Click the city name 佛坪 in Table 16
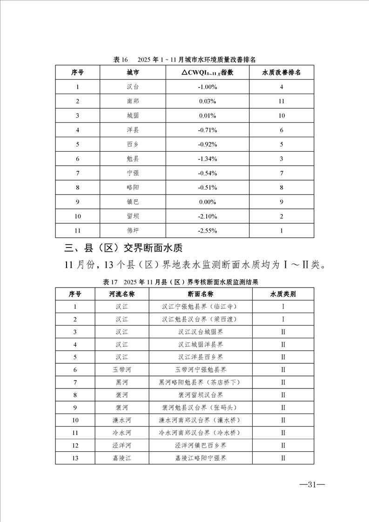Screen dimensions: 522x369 (x=133, y=230)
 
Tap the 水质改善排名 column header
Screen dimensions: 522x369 (x=282, y=73)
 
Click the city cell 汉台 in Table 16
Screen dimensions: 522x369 (x=133, y=87)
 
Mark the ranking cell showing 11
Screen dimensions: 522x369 (x=282, y=101)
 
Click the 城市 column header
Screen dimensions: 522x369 (x=133, y=73)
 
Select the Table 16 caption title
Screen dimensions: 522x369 (x=185, y=60)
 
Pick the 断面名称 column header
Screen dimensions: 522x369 (x=201, y=294)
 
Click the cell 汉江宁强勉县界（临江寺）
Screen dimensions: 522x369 (x=201, y=307)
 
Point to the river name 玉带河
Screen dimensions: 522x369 (x=122, y=370)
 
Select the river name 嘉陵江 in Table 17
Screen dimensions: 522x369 (x=122, y=458)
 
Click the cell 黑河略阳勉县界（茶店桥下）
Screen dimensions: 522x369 (x=201, y=382)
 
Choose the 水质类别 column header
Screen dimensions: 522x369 (x=283, y=294)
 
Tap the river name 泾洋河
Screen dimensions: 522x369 (x=122, y=445)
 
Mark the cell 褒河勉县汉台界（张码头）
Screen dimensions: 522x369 (x=201, y=408)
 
